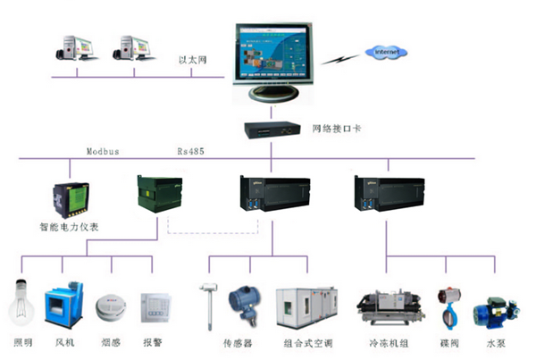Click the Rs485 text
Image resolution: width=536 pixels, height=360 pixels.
[x=190, y=152]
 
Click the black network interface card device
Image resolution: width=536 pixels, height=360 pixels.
[x=272, y=130]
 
